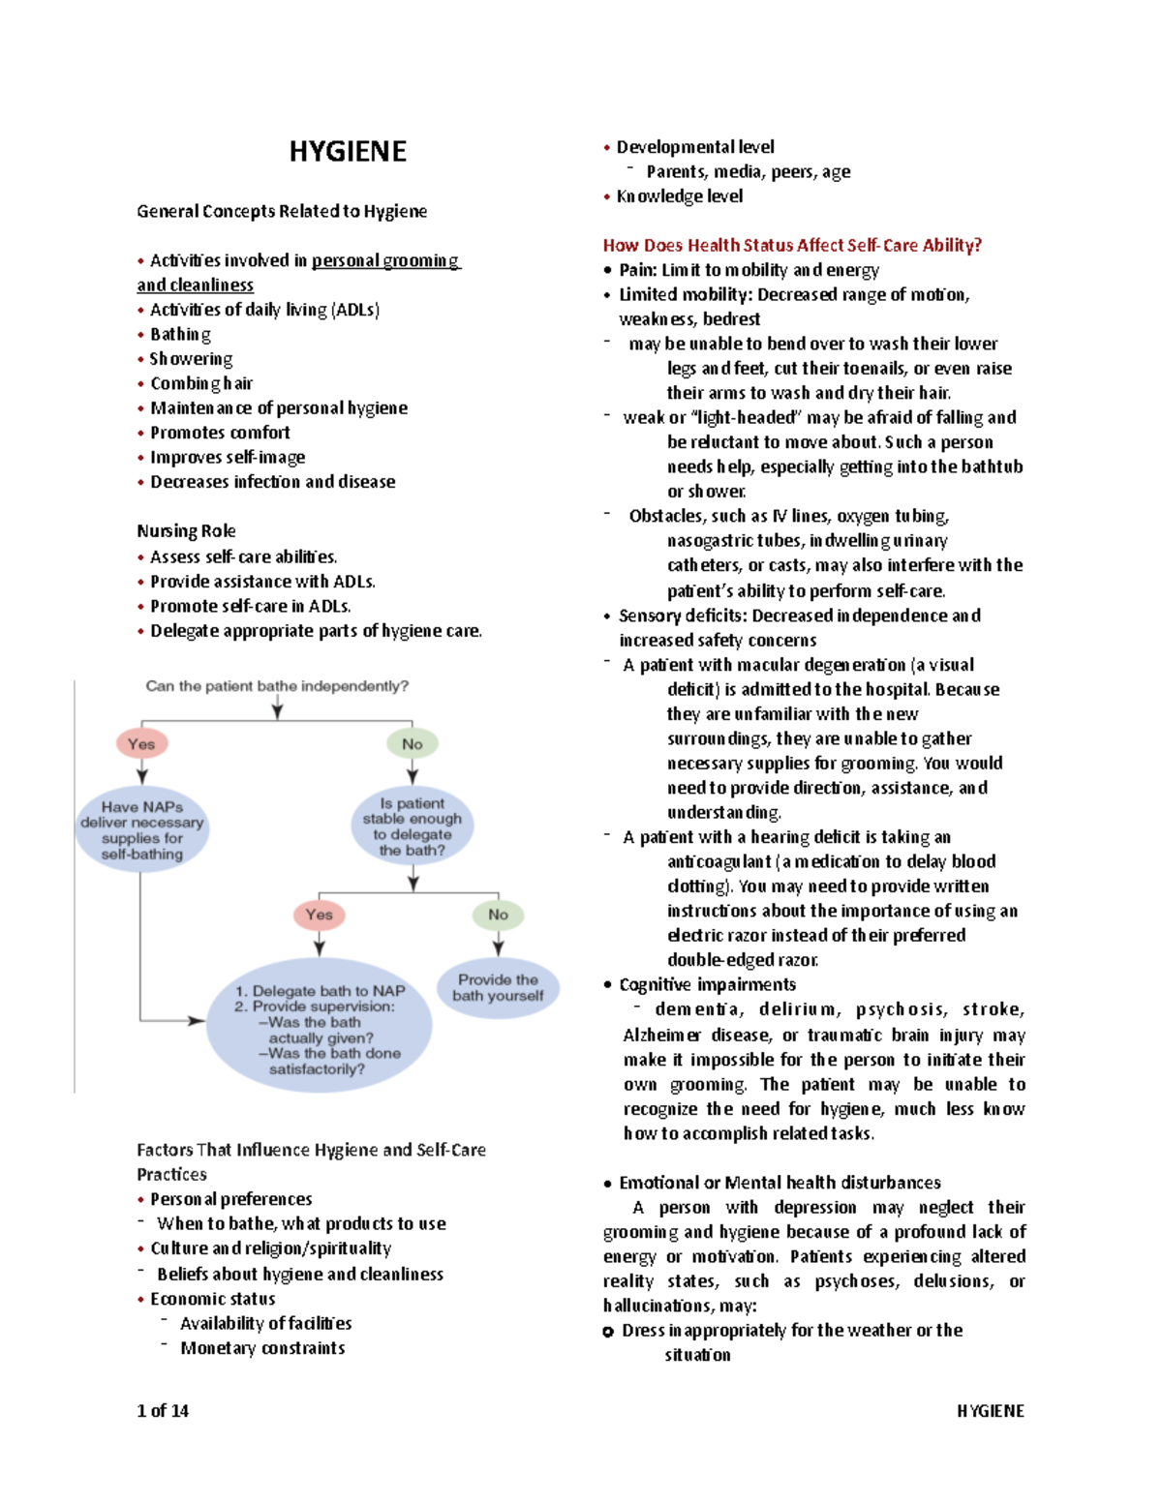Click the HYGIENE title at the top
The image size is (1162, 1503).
click(348, 152)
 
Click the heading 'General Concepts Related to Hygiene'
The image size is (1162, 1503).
click(282, 211)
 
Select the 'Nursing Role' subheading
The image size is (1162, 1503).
click(186, 530)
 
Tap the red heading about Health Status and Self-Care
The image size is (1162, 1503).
click(792, 245)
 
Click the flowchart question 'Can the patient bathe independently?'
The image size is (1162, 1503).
click(277, 686)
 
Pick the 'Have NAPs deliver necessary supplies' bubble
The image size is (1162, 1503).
click(142, 829)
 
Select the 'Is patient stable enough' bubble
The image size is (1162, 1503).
click(413, 827)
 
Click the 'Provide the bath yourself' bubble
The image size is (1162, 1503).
click(498, 987)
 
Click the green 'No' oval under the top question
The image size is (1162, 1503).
click(413, 743)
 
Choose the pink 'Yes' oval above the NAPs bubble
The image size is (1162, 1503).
click(141, 743)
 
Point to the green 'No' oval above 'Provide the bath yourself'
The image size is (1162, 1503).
click(498, 914)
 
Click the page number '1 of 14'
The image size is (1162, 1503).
click(163, 1410)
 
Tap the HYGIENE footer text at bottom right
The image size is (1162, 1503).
click(990, 1410)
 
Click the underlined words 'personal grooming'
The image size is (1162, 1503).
click(385, 260)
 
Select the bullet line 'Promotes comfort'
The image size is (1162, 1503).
click(220, 433)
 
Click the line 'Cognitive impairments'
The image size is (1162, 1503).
click(707, 984)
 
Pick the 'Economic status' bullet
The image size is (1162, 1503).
click(212, 1299)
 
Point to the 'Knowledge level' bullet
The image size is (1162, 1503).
click(679, 195)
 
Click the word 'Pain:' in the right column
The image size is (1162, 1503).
click(638, 270)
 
